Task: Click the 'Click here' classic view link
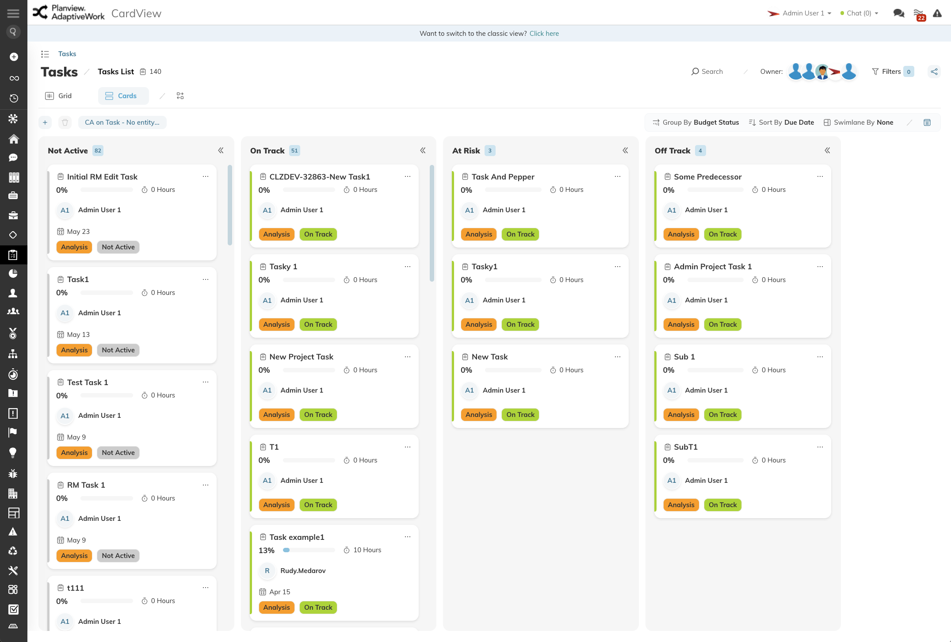coord(544,34)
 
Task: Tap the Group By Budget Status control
coord(696,122)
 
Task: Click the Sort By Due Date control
coord(781,122)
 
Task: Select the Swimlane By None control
coord(858,122)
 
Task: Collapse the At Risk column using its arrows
coord(625,151)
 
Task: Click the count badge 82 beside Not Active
coord(98,151)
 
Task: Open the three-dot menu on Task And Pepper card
coord(618,176)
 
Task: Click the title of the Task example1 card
coord(297,537)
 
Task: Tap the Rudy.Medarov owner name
coord(303,571)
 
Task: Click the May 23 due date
coord(78,232)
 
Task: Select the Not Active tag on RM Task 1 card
coord(118,556)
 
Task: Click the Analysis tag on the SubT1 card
coord(681,505)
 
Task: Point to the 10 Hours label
coord(367,550)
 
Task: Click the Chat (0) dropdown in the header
coord(859,13)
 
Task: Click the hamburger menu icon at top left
coord(13,13)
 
